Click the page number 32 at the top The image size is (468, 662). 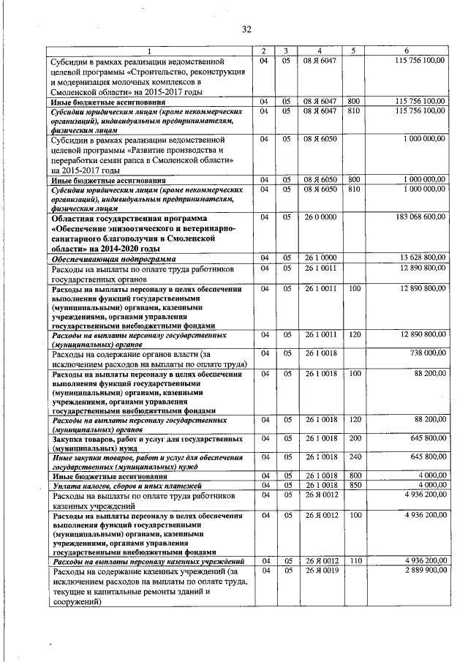(x=246, y=29)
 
